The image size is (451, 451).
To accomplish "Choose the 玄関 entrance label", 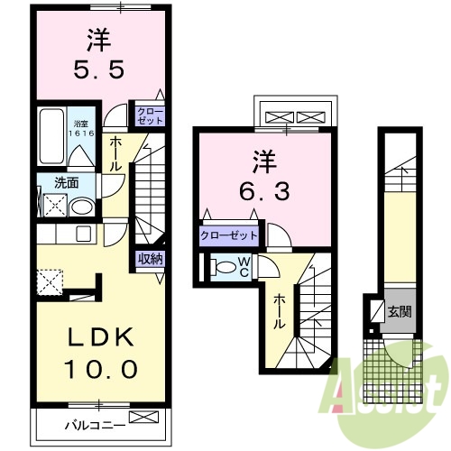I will click(399, 312).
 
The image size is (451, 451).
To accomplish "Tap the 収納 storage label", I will click(151, 259).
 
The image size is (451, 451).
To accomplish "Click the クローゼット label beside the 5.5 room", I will click(150, 115).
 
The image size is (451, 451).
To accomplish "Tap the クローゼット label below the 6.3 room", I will click(229, 236).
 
